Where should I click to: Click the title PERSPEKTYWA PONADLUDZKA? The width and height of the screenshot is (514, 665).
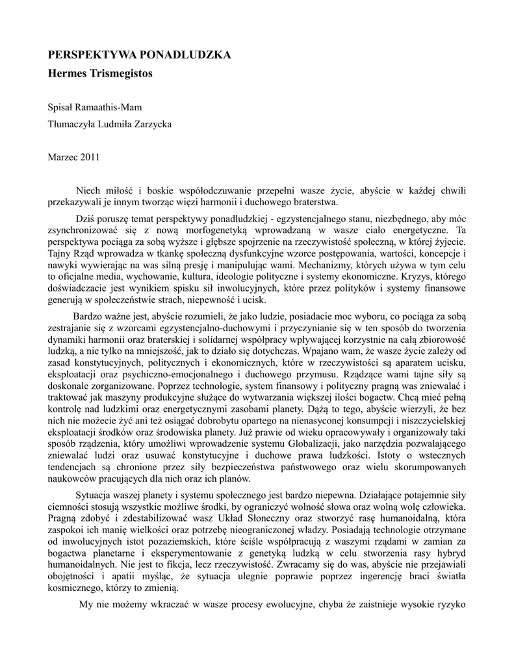tap(140, 55)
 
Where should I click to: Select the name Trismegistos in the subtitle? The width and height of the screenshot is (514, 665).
tap(120, 73)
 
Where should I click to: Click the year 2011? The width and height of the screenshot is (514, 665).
tap(90, 157)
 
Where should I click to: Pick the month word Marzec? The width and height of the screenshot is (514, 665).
tap(63, 157)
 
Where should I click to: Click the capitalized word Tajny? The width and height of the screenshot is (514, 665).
tap(60, 253)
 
